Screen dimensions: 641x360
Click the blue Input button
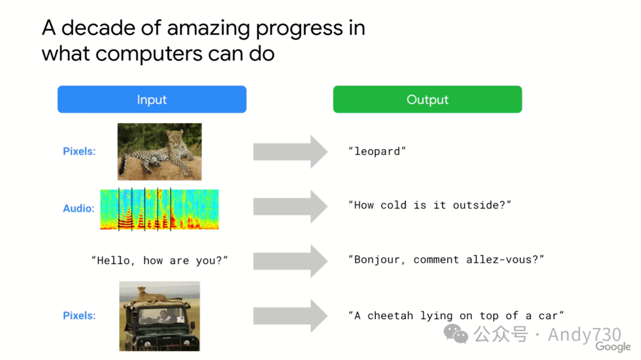coord(152,99)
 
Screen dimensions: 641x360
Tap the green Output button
coord(427,99)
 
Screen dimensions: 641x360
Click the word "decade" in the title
coord(98,28)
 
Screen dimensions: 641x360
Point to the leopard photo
coord(160,152)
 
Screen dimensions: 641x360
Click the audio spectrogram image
coord(160,209)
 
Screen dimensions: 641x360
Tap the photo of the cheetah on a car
coord(160,316)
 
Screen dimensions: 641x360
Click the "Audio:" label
coord(79,208)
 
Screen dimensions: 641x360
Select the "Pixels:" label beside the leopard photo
coord(80,151)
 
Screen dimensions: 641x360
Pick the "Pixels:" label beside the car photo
coord(80,316)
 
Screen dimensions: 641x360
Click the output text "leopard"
coord(377,151)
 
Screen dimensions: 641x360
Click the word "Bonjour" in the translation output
coord(376,260)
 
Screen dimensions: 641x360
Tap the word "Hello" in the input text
coord(113,261)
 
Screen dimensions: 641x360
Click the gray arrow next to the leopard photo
coord(290,152)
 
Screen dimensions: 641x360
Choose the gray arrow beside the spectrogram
coord(290,206)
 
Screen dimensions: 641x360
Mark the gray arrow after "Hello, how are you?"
coord(290,261)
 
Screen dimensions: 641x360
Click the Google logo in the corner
coord(613,346)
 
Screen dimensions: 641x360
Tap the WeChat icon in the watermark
coord(456,334)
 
